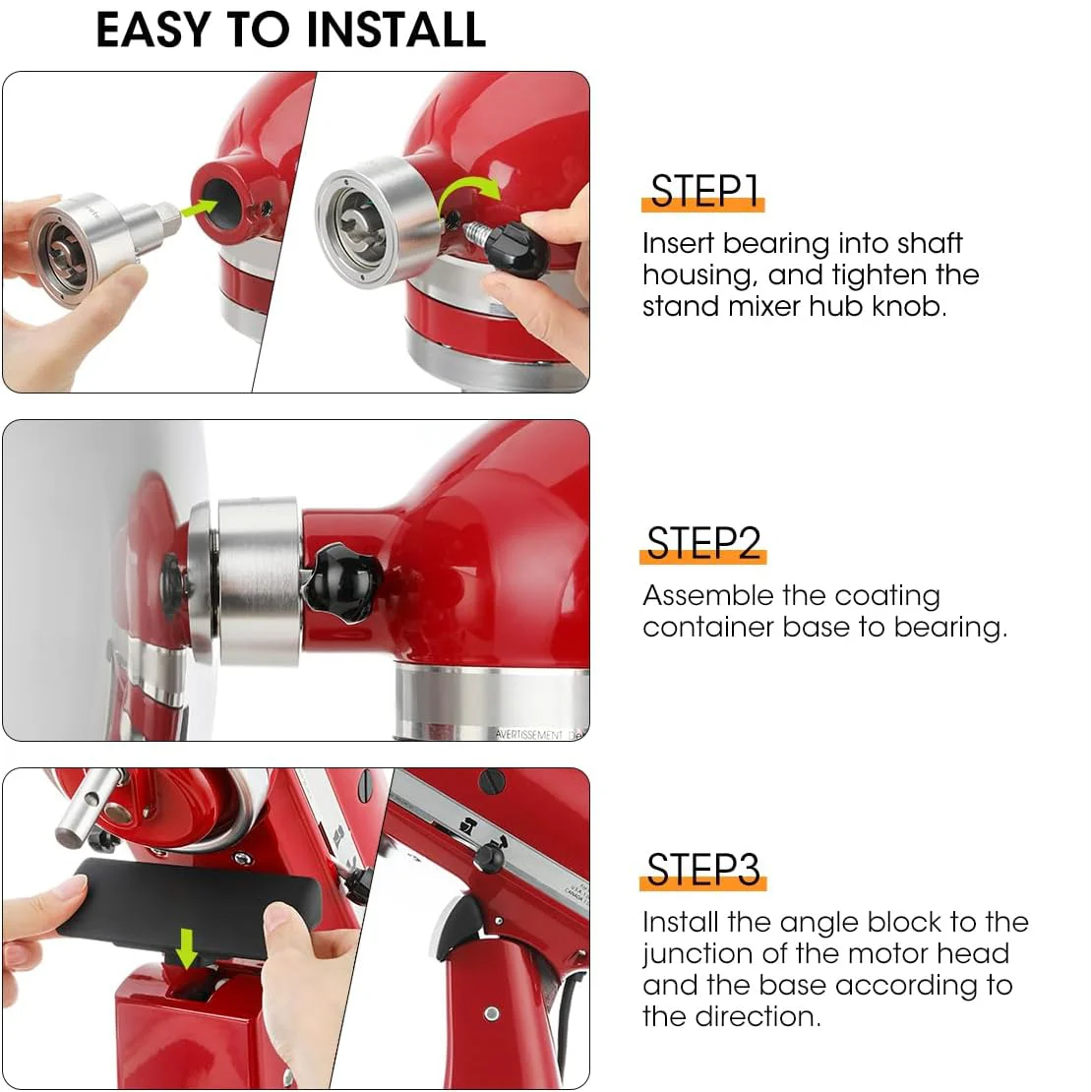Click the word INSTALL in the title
coord(395,30)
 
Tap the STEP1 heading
coord(704,191)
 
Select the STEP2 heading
coord(703,543)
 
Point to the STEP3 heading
coord(703,870)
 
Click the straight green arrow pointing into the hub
coord(199,208)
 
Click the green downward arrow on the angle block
coord(186,947)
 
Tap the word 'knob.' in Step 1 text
coord(909,306)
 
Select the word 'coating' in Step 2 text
coord(887,597)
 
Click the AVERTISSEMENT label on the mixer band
coord(529,735)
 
